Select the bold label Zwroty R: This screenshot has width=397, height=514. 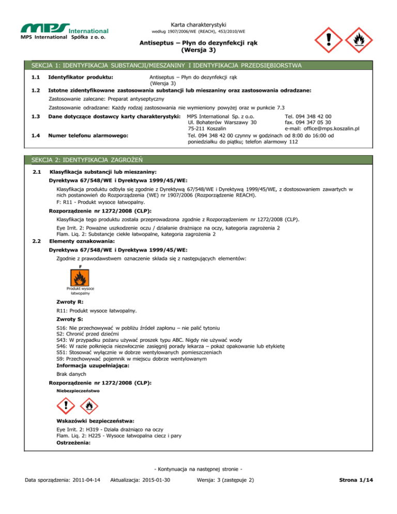click(x=70, y=301)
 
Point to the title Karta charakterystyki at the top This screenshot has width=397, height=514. click(x=198, y=24)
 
